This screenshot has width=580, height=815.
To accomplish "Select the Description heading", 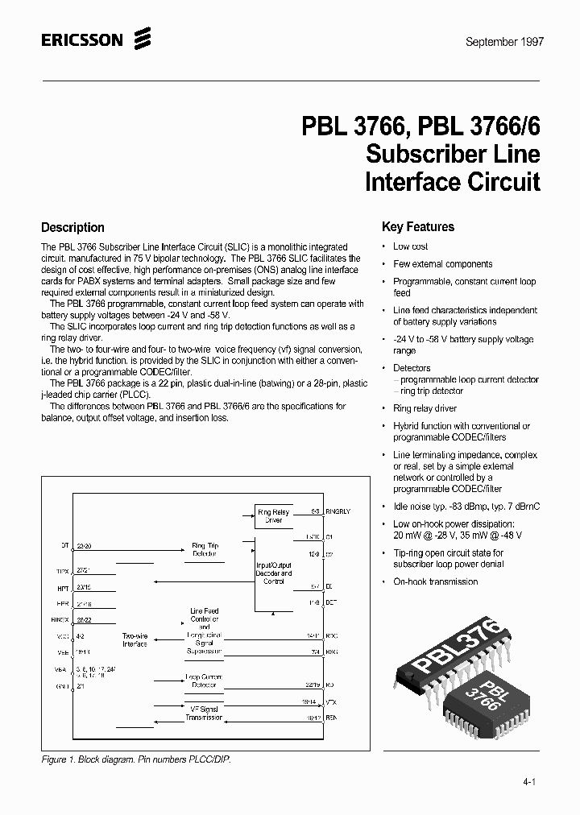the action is point(72,228).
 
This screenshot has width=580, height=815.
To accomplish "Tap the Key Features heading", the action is point(417,227).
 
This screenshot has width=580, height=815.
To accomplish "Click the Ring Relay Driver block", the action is point(273,516).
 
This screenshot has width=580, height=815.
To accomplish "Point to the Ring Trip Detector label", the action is point(204,550).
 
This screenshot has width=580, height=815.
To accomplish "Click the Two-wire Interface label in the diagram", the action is point(135,639).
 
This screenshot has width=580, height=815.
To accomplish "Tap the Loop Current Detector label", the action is point(204,682).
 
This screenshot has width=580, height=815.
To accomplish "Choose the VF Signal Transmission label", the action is point(204,712).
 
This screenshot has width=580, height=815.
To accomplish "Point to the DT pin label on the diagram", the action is point(65,546).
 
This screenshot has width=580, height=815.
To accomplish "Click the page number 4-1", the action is point(528,781).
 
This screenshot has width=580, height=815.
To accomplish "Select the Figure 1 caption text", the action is point(136,759).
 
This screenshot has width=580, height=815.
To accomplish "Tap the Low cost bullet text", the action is point(411,246).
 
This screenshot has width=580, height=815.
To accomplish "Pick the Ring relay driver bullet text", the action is point(425,408).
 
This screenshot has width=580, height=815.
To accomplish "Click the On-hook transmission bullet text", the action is point(435,581).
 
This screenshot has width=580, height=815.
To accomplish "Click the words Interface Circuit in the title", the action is point(452,181).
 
